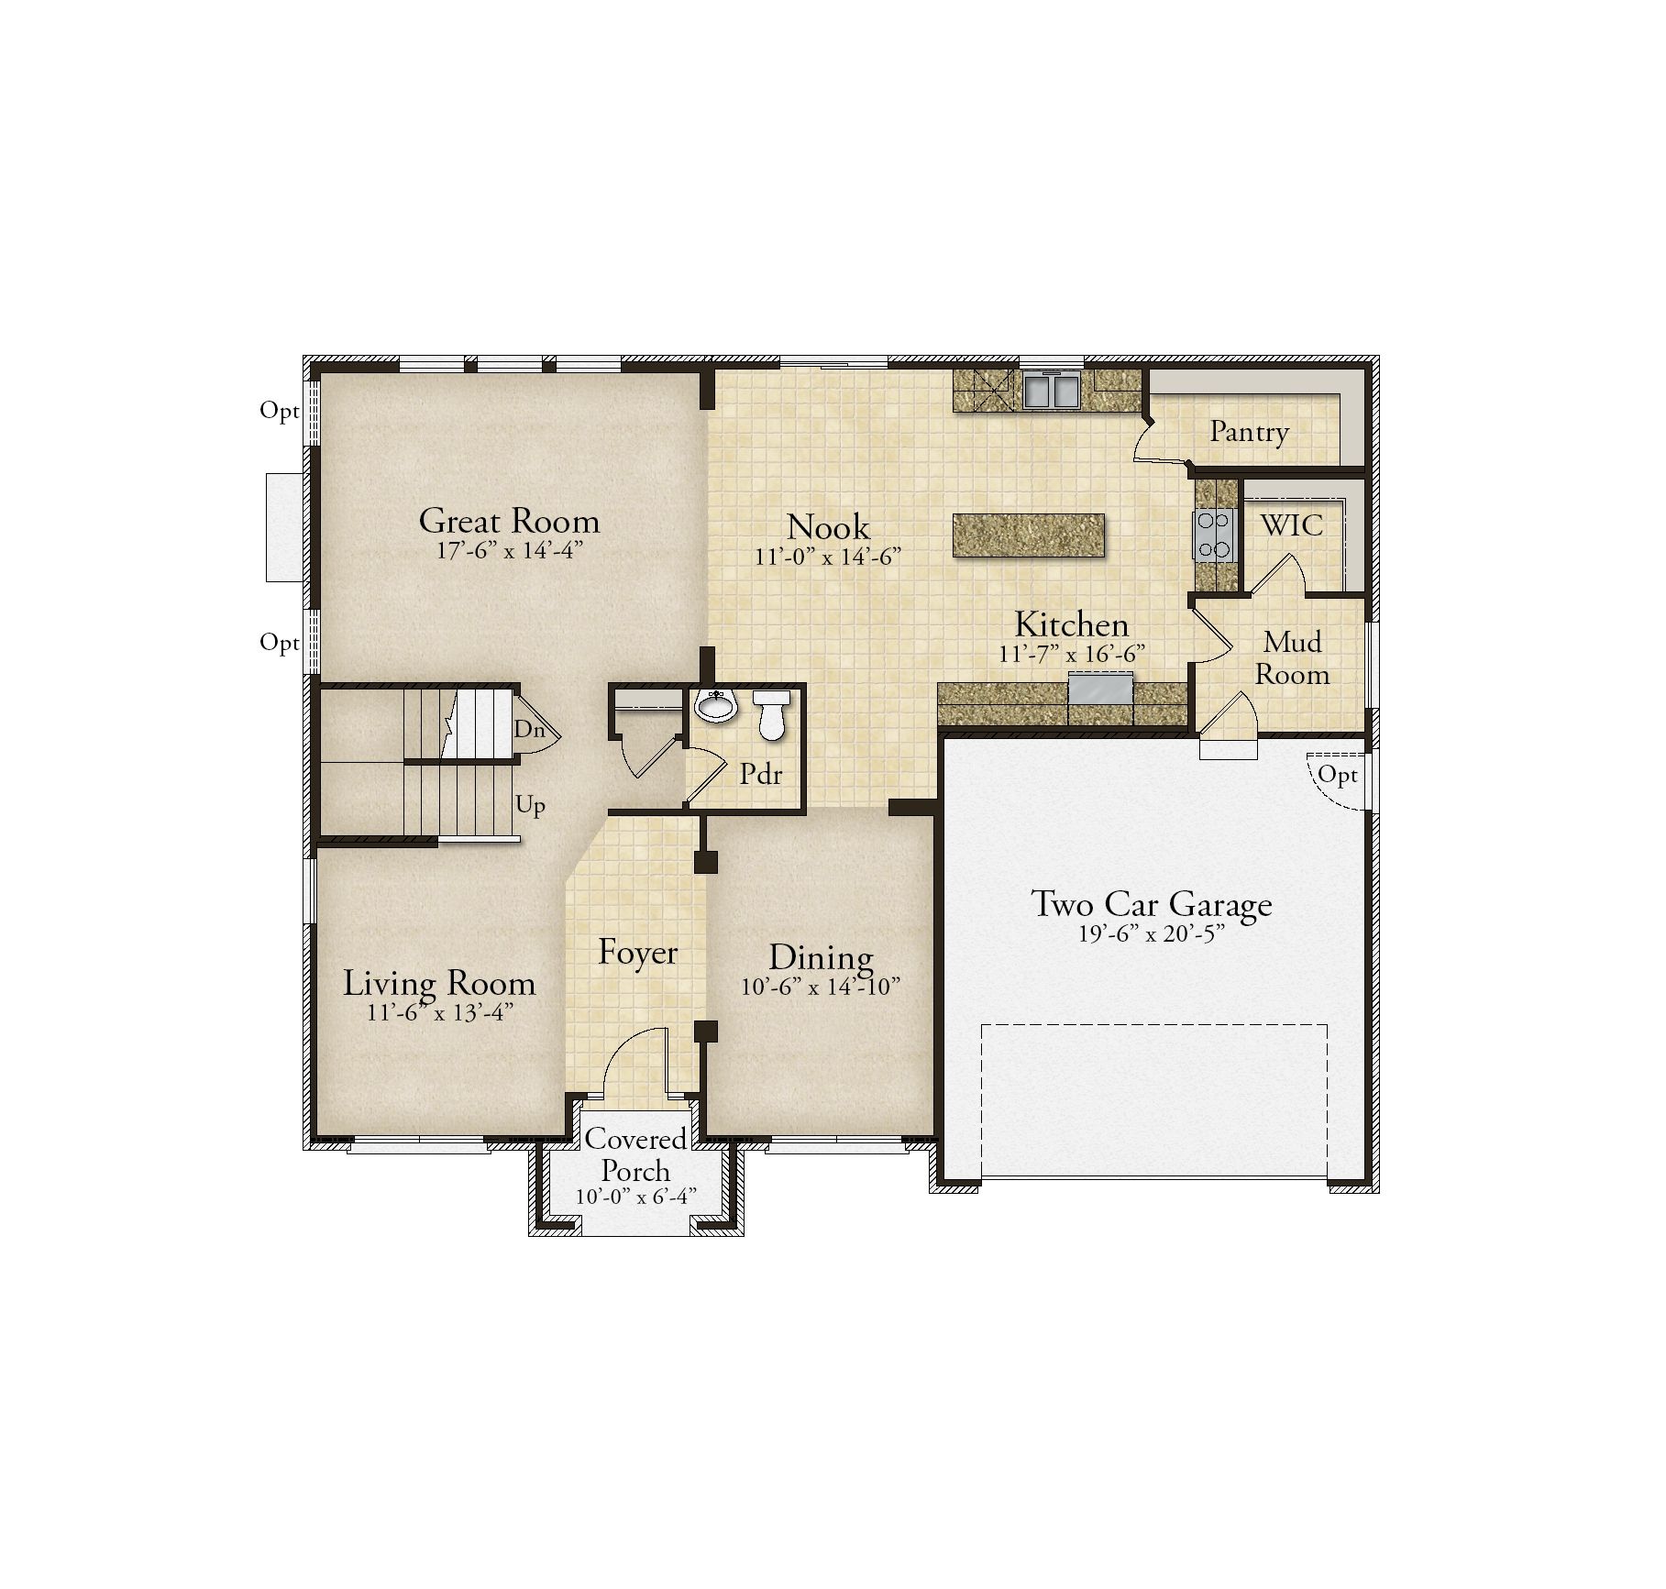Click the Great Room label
509,521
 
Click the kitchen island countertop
1029,535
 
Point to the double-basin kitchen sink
1052,391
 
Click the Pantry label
1249,431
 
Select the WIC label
1292,525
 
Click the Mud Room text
1292,658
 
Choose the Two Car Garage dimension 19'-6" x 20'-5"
1152,935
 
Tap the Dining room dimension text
821,987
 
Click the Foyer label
637,953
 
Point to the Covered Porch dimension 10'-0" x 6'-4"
636,1197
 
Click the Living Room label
439,984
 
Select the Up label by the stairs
530,805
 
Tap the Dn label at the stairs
529,730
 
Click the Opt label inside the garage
1337,777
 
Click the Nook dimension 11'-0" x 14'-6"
828,557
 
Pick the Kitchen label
1071,624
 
